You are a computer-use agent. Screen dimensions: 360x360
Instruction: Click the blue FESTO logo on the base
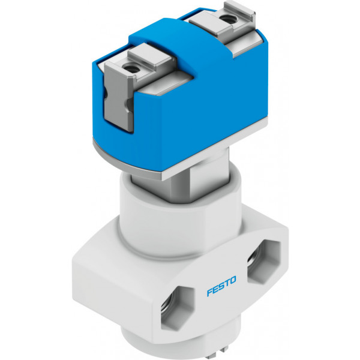[x=221, y=286]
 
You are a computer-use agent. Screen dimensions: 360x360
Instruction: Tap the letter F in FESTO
[x=210, y=292]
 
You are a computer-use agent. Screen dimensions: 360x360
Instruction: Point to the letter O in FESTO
[x=232, y=280]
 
